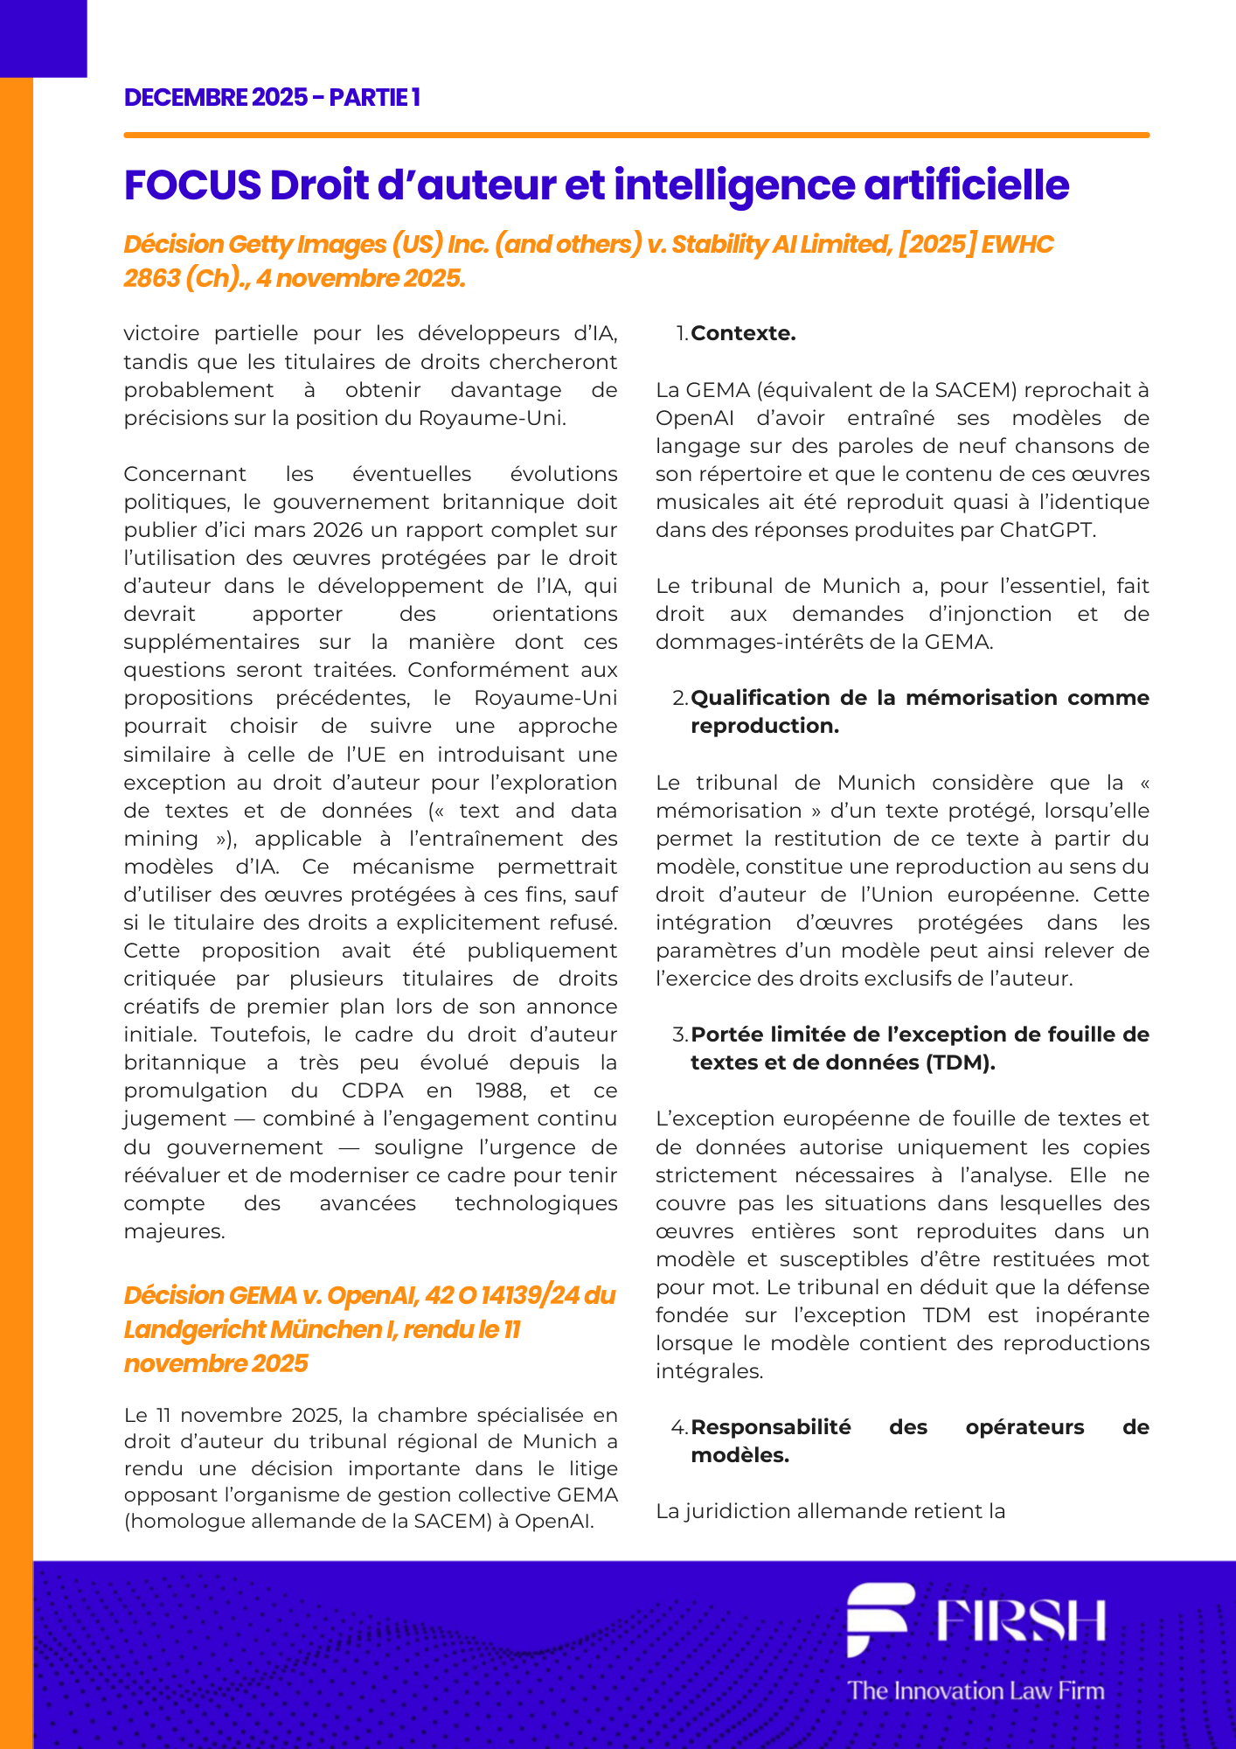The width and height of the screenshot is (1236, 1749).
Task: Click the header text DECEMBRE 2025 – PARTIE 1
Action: coord(272,97)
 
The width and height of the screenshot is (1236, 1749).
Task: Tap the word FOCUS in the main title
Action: coord(192,185)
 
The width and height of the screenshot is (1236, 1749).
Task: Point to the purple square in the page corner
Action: coord(43,38)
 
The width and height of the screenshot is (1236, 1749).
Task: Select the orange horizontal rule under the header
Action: coord(635,136)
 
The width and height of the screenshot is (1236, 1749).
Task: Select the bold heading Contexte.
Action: coord(743,333)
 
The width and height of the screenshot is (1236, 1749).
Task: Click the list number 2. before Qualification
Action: coord(680,698)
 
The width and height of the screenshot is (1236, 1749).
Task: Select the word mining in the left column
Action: coord(161,839)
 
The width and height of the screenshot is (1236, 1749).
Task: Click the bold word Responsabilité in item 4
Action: coord(770,1427)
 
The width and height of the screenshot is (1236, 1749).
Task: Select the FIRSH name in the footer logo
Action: coord(1021,1620)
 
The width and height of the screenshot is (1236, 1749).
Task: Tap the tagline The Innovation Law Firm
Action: coord(976,1690)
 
